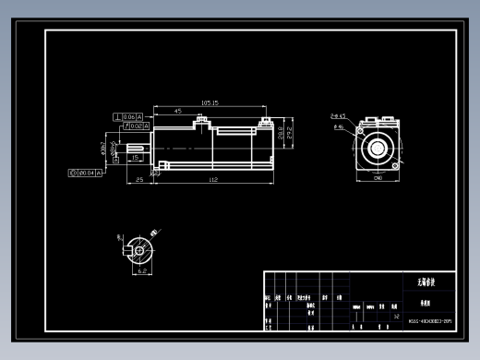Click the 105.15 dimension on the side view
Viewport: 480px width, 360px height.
(x=209, y=102)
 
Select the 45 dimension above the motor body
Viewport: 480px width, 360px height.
(x=177, y=111)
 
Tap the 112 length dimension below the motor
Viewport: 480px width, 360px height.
(x=213, y=179)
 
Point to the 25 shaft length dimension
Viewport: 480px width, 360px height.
(x=139, y=179)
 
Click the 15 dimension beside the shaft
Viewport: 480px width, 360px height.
(x=136, y=158)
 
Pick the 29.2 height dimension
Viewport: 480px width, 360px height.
(x=291, y=134)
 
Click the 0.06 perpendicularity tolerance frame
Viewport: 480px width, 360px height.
(x=127, y=116)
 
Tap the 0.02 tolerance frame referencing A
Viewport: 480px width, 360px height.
(x=132, y=126)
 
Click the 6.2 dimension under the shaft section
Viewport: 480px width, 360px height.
(x=142, y=272)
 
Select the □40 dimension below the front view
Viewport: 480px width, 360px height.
(x=378, y=178)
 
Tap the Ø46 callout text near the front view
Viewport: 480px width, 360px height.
(x=338, y=126)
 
